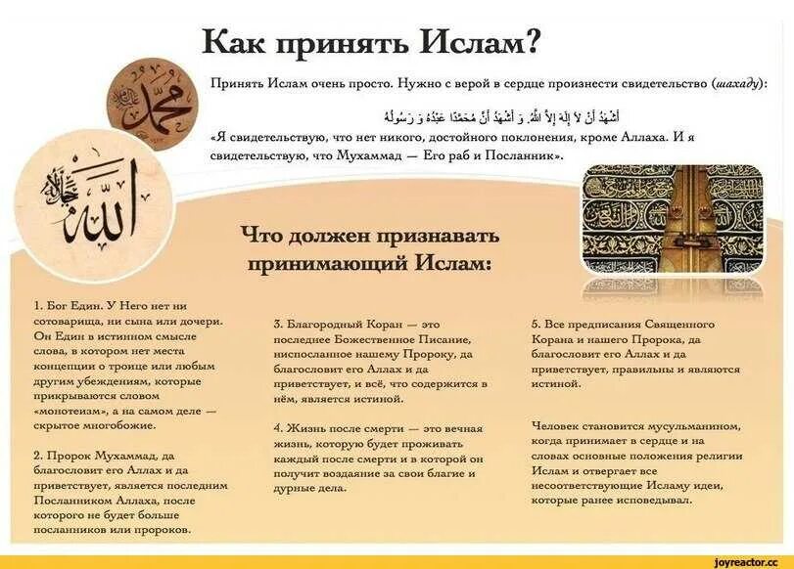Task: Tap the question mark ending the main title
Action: [x=534, y=42]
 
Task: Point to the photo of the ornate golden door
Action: [x=672, y=217]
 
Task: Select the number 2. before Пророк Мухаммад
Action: [x=38, y=456]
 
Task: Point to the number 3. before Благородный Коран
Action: [x=279, y=323]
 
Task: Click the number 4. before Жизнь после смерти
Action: [x=279, y=428]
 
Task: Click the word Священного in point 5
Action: [x=680, y=323]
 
